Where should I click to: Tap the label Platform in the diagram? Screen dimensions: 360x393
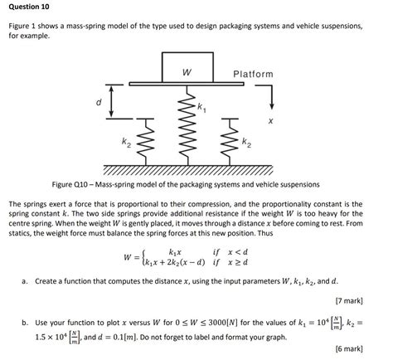click(253, 74)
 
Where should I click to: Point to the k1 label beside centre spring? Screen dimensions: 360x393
click(201, 105)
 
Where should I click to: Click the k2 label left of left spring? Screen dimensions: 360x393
click(125, 144)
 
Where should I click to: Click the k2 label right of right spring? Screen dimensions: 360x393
click(246, 144)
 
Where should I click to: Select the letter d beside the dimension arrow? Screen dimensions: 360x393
click(98, 103)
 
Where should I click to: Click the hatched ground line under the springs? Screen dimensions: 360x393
click(187, 165)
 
